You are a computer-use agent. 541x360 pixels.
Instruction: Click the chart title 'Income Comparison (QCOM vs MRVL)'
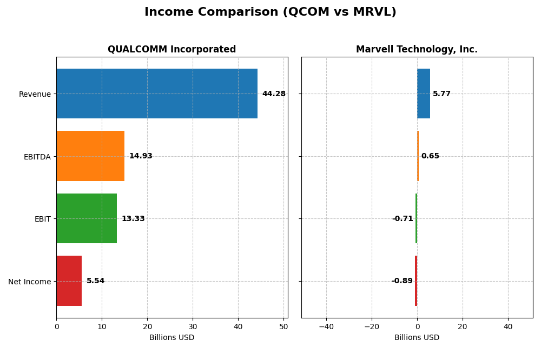pos(270,12)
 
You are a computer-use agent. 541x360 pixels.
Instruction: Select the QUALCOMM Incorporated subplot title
pos(171,49)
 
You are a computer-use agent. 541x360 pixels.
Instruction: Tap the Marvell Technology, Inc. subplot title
pos(417,49)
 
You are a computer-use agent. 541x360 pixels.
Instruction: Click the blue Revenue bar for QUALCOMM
pos(157,94)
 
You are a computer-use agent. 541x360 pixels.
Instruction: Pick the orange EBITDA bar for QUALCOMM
pos(90,156)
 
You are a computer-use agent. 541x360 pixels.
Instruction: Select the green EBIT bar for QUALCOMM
pos(87,218)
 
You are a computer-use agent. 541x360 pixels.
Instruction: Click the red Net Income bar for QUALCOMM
pos(69,281)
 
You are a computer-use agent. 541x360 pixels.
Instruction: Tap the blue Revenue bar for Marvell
pos(424,94)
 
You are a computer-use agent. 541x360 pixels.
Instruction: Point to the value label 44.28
pos(274,94)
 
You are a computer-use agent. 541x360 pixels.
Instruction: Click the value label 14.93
pos(141,156)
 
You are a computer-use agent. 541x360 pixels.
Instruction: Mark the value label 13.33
pos(133,219)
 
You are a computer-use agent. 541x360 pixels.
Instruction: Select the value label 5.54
pos(96,281)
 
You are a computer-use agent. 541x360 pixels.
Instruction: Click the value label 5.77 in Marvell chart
pos(441,94)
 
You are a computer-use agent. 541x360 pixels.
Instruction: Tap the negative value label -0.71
pos(403,219)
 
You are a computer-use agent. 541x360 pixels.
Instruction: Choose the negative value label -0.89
pos(402,281)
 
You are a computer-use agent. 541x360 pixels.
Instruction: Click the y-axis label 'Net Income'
pos(30,282)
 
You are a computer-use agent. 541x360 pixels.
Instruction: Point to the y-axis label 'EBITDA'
pos(37,157)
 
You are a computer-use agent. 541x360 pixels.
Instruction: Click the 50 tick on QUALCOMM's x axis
pos(283,326)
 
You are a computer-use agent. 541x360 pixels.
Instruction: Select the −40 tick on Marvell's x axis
pos(326,326)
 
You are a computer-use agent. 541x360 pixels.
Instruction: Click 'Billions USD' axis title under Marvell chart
pos(417,337)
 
